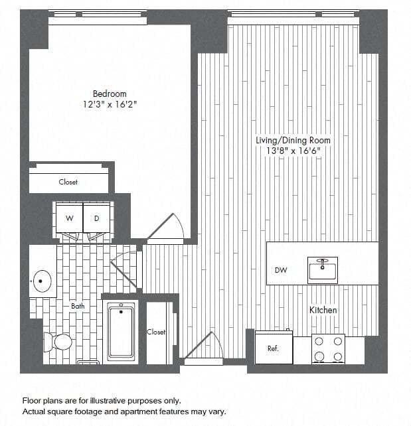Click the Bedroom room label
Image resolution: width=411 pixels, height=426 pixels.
click(110, 94)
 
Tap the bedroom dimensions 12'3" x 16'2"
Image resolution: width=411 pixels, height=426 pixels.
click(110, 104)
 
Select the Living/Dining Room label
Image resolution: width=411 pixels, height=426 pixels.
click(293, 141)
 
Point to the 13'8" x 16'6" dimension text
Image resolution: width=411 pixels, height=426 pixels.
click(293, 151)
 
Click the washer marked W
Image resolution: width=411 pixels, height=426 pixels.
click(69, 218)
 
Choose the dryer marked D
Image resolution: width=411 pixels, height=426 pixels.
click(96, 218)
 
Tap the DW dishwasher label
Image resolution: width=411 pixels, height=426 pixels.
click(280, 270)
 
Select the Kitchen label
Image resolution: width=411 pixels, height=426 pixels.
click(323, 310)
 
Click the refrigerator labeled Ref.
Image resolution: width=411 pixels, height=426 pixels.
click(274, 348)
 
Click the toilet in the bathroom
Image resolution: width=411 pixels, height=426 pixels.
click(58, 342)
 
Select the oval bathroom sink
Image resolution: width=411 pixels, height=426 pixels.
click(42, 281)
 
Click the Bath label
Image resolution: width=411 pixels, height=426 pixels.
click(78, 306)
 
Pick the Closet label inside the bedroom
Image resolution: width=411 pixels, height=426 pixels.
click(68, 182)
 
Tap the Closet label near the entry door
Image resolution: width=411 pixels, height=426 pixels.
click(156, 332)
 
